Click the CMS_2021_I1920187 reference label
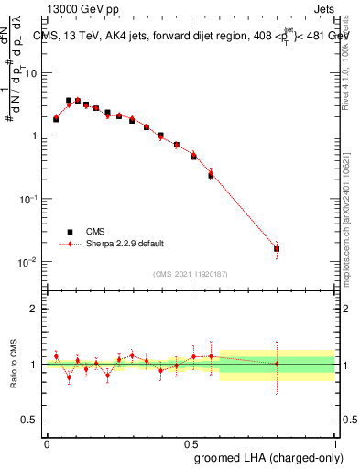pyautogui.click(x=190, y=274)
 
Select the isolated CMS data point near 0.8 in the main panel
pyautogui.click(x=277, y=248)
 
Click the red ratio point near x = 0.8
pyautogui.click(x=277, y=364)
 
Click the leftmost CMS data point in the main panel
pyautogui.click(x=56, y=119)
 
